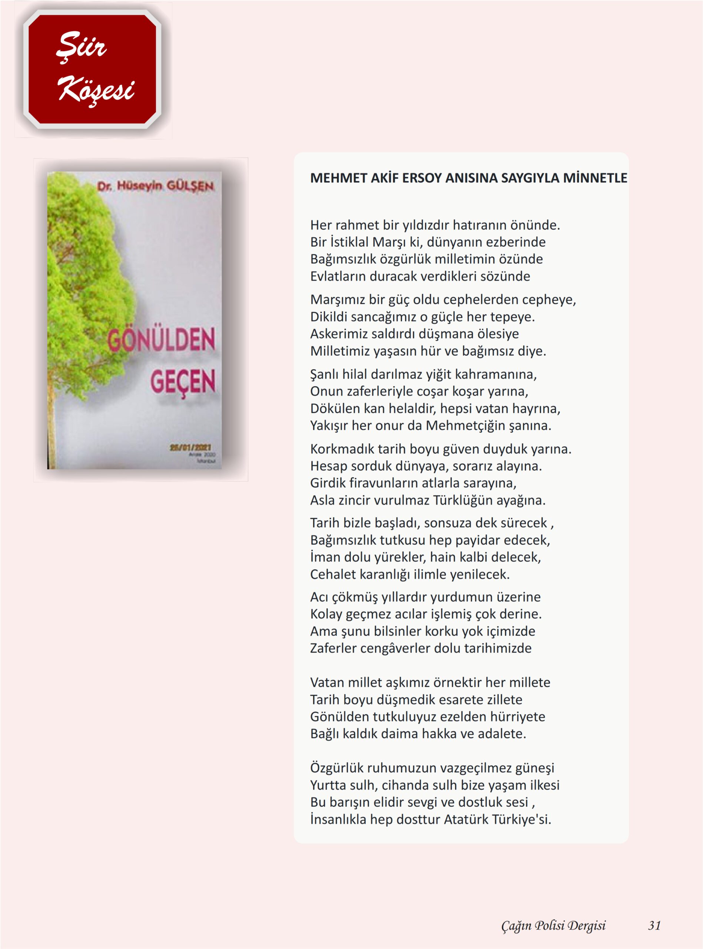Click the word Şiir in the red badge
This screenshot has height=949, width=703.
(x=81, y=45)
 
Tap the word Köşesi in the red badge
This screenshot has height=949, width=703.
(x=96, y=90)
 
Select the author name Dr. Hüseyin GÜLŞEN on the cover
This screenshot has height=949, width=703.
(x=155, y=186)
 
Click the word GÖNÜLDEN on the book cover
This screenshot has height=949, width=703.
(x=161, y=340)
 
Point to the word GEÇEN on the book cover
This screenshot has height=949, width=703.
(x=183, y=381)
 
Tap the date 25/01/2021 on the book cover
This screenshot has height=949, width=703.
(x=190, y=447)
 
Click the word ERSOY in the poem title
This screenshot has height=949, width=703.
(x=422, y=178)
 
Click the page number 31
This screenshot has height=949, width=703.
(x=654, y=926)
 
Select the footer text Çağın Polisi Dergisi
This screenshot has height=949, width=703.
(x=553, y=926)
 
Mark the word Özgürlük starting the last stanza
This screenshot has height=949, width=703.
(x=336, y=768)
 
